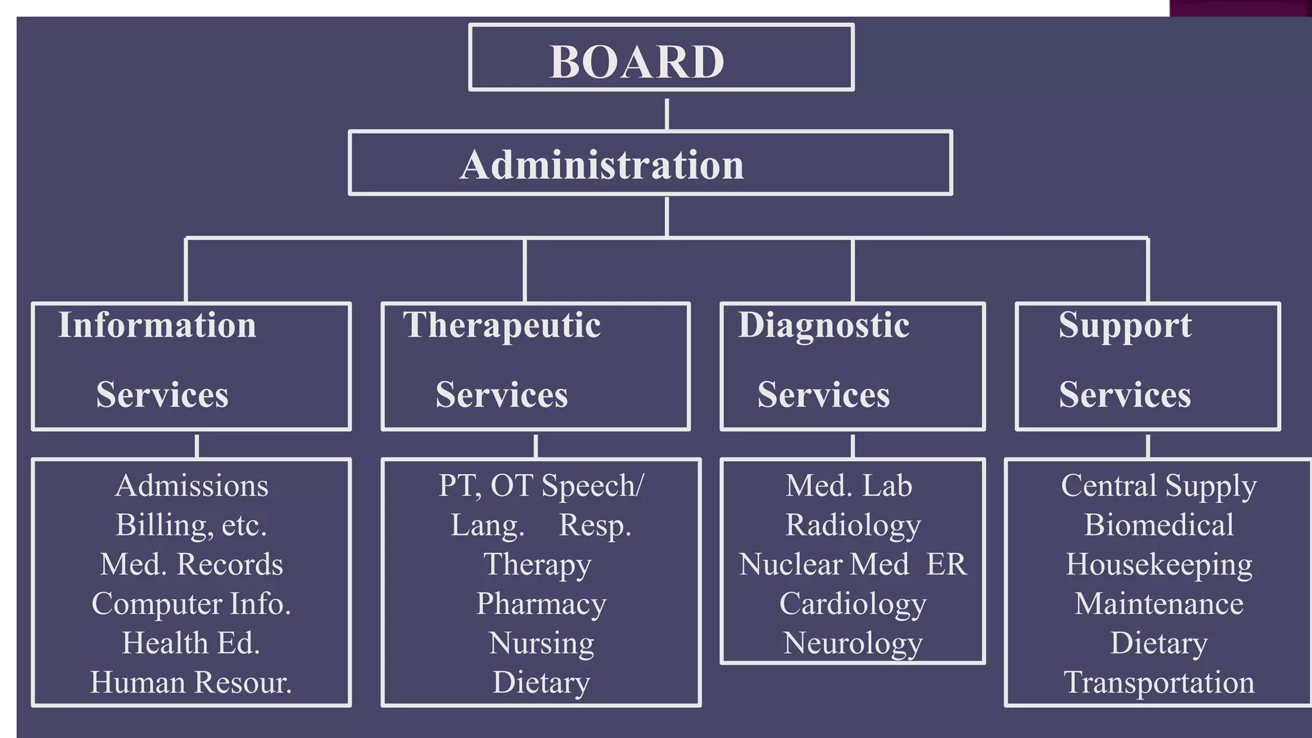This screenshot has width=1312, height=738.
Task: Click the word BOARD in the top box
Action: pos(637,62)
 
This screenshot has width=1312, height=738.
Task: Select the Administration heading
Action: pos(602,165)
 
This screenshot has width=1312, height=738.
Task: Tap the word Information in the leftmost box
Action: pos(157,325)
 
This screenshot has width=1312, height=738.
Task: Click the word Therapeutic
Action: pos(502,325)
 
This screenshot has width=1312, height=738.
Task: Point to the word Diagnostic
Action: pos(823,325)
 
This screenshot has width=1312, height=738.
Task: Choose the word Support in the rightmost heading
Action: pos(1125,325)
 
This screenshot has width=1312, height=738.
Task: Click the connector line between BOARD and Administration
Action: pos(667,114)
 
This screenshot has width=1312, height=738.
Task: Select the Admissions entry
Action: pos(192,486)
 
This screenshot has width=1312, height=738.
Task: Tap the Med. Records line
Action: pos(192,564)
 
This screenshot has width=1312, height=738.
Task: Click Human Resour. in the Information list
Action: pos(191,682)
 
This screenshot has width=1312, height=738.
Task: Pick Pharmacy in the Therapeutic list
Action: pos(541,603)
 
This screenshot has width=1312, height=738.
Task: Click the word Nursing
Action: pos(541,643)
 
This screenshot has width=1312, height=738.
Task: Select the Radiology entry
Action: pos(853,525)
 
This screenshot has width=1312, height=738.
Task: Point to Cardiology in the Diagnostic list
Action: pos(853,603)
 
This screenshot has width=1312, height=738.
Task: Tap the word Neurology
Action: pos(853,643)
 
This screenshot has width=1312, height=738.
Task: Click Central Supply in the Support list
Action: pos(1158,486)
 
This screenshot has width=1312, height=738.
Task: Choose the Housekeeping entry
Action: pos(1158,564)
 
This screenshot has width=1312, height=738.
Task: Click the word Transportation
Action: pos(1158,682)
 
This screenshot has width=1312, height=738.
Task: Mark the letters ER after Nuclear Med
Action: pos(946,564)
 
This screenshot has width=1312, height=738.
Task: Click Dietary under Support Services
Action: pos(1158,643)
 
